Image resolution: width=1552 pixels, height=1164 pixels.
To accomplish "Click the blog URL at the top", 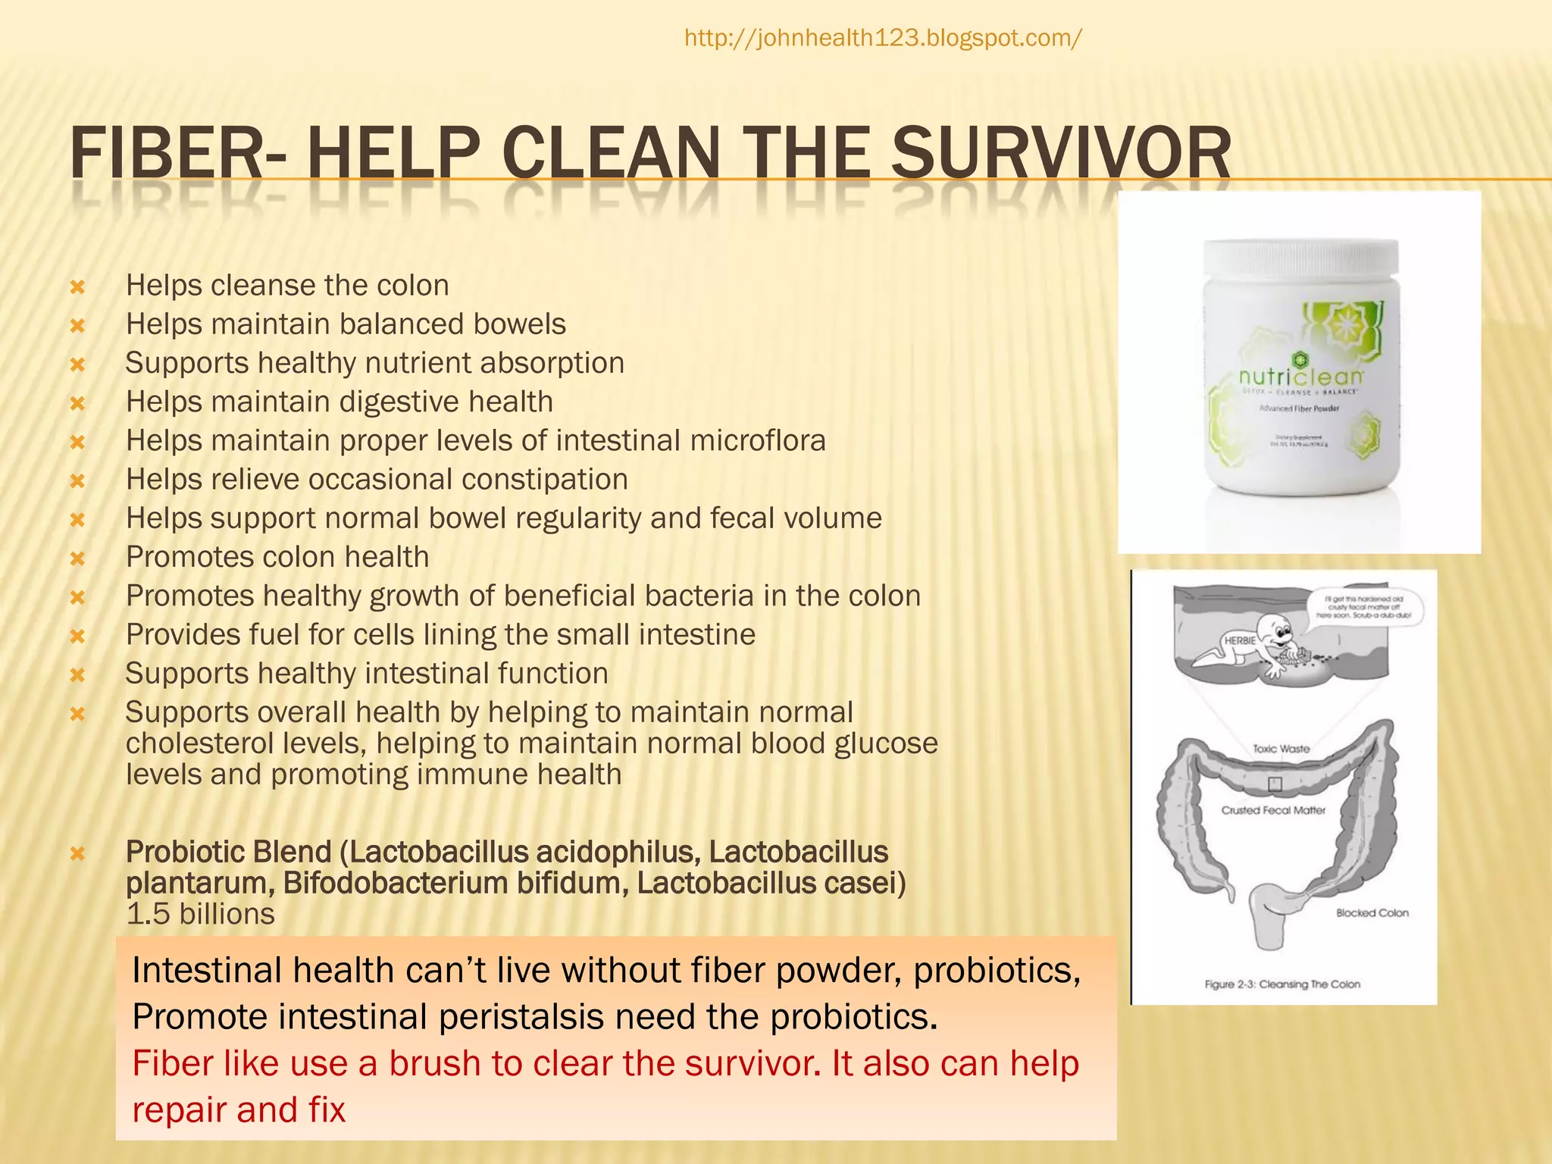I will pos(883,38).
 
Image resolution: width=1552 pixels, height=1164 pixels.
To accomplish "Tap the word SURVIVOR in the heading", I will pos(1060,154).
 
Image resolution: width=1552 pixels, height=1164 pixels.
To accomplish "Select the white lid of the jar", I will pos(1300,258).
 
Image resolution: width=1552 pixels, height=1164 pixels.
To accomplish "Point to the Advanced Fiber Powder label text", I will pos(1299,408).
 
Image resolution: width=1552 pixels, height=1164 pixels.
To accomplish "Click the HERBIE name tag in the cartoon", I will pos(1240,640).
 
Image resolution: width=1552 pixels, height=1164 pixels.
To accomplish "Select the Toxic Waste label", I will pos(1281,749).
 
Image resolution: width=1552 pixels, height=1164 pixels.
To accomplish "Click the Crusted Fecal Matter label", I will pos(1273,810).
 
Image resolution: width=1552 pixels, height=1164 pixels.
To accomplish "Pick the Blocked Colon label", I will pos(1372,913).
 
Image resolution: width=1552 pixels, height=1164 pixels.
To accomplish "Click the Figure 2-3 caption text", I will pos(1282,984).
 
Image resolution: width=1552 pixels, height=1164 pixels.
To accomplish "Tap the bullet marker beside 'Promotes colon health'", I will pos(77,559).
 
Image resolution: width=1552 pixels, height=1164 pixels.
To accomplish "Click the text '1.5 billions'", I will pos(200,914).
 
